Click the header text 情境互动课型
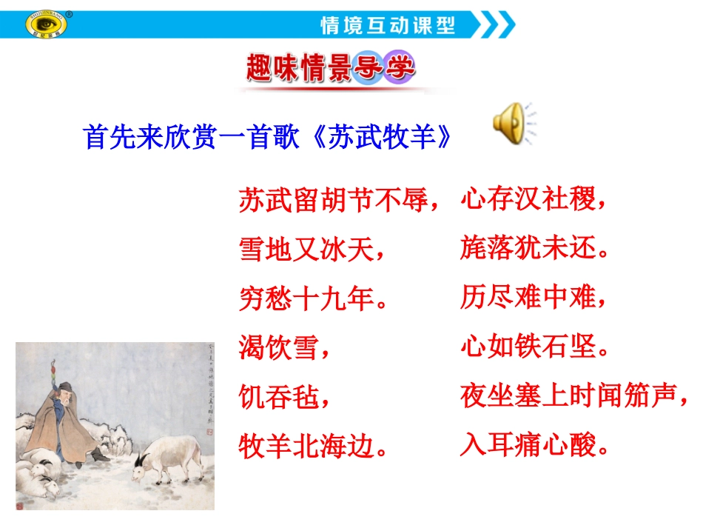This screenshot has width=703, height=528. (x=387, y=26)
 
